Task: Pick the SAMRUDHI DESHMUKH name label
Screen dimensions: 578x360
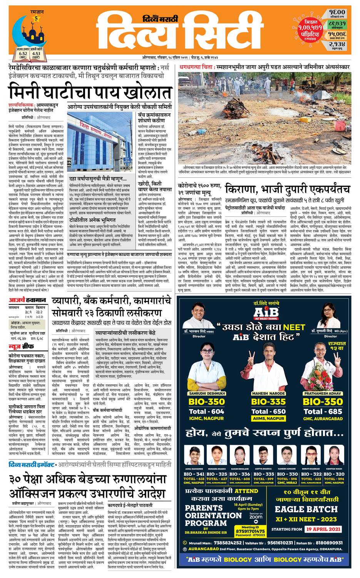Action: [x=206, y=394]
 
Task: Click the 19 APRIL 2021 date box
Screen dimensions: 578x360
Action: [x=323, y=529]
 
